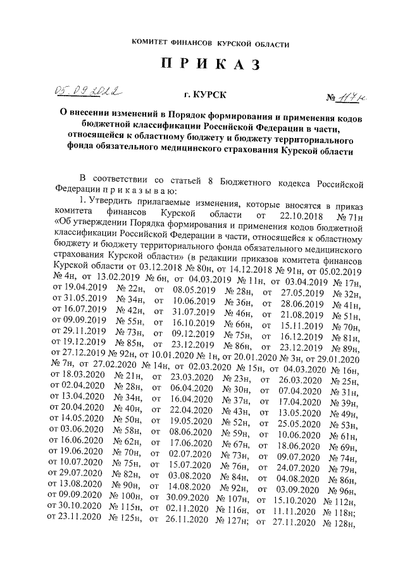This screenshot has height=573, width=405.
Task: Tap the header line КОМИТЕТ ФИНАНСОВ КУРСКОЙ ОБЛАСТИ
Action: pos(210,43)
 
